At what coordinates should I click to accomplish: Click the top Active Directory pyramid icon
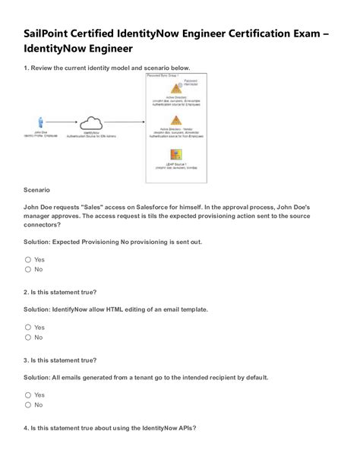click(175, 88)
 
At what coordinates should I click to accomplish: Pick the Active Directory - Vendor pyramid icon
click(175, 120)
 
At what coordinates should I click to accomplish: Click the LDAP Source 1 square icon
click(175, 153)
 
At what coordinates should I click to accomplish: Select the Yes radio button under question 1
click(28, 259)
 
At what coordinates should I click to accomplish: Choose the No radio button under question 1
click(28, 269)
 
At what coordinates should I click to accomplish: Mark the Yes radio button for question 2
click(28, 327)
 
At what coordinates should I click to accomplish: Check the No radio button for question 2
click(28, 337)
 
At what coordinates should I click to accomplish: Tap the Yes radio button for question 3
click(28, 395)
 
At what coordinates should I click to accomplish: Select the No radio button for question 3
click(28, 404)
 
